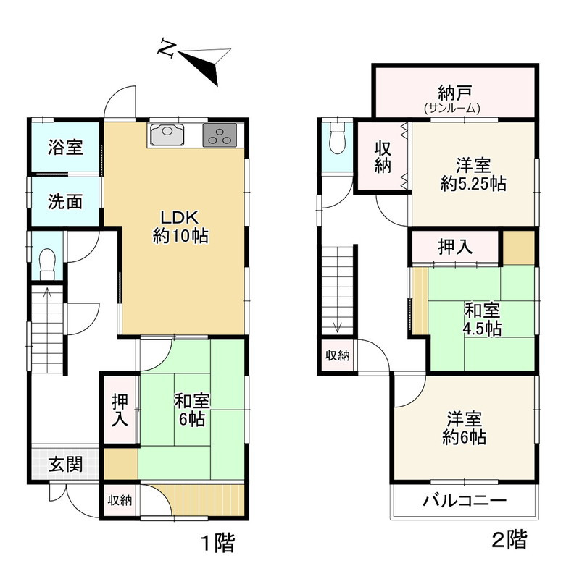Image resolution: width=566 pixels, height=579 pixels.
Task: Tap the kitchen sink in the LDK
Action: tap(167, 135)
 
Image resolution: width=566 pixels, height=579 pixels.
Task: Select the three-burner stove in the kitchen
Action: tap(220, 135)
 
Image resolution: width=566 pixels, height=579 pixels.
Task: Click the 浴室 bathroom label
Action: tap(65, 147)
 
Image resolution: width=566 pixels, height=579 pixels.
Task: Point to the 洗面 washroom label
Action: tap(65, 202)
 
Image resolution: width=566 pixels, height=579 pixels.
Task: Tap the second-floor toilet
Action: tap(337, 138)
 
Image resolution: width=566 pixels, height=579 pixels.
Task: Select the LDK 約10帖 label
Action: tap(180, 227)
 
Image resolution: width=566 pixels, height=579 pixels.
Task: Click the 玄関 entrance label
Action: tap(65, 464)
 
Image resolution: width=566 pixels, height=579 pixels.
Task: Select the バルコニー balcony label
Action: tap(465, 501)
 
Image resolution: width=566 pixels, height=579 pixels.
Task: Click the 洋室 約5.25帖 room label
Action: tap(473, 174)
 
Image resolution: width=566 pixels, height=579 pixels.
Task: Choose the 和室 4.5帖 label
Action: tap(483, 319)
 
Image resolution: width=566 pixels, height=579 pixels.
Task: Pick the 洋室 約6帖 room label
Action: tap(465, 428)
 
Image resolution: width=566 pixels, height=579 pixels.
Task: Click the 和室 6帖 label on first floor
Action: tap(192, 410)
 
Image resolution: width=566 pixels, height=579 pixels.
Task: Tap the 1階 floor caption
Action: tap(218, 543)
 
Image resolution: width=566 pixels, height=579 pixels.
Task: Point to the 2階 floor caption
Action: tap(509, 540)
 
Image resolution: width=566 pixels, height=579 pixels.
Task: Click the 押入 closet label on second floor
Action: tap(455, 247)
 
